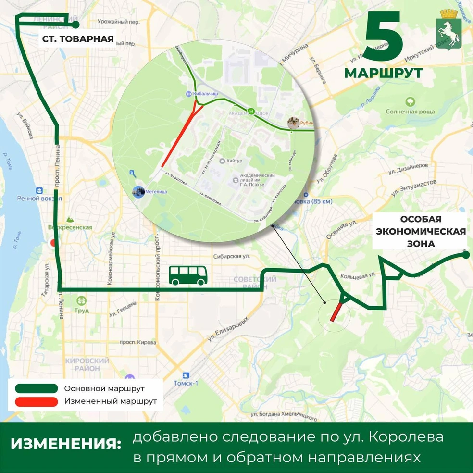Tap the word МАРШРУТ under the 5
click(383, 73)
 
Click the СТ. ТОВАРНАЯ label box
click(77, 39)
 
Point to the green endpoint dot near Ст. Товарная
click(75, 24)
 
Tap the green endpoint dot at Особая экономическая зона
click(466, 254)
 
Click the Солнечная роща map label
click(410, 112)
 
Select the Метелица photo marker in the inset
click(139, 191)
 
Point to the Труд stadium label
click(82, 311)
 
